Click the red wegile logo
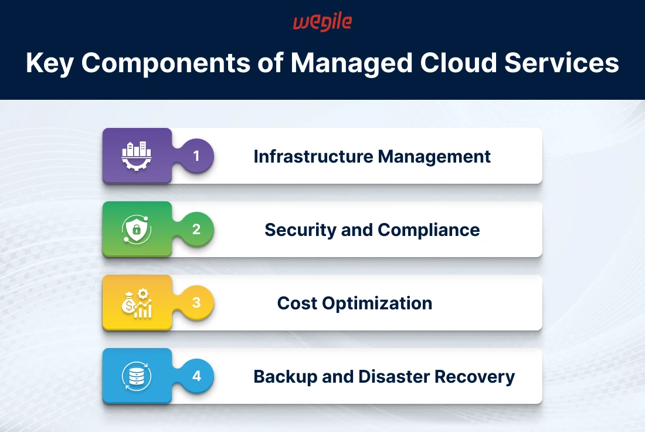pos(322,22)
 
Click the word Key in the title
pos(50,63)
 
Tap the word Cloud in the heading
pos(459,63)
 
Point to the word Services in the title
pos(562,63)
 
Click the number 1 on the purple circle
pos(196,156)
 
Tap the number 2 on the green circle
pos(196,229)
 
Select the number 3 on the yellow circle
pos(196,302)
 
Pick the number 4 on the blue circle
pos(196,376)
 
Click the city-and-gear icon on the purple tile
pos(137,156)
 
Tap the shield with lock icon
pos(137,229)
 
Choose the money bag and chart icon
pos(137,303)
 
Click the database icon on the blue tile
pos(137,376)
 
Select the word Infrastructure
pos(314,157)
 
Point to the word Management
pos(434,157)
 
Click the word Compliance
pos(429,230)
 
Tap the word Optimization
pos(377,303)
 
